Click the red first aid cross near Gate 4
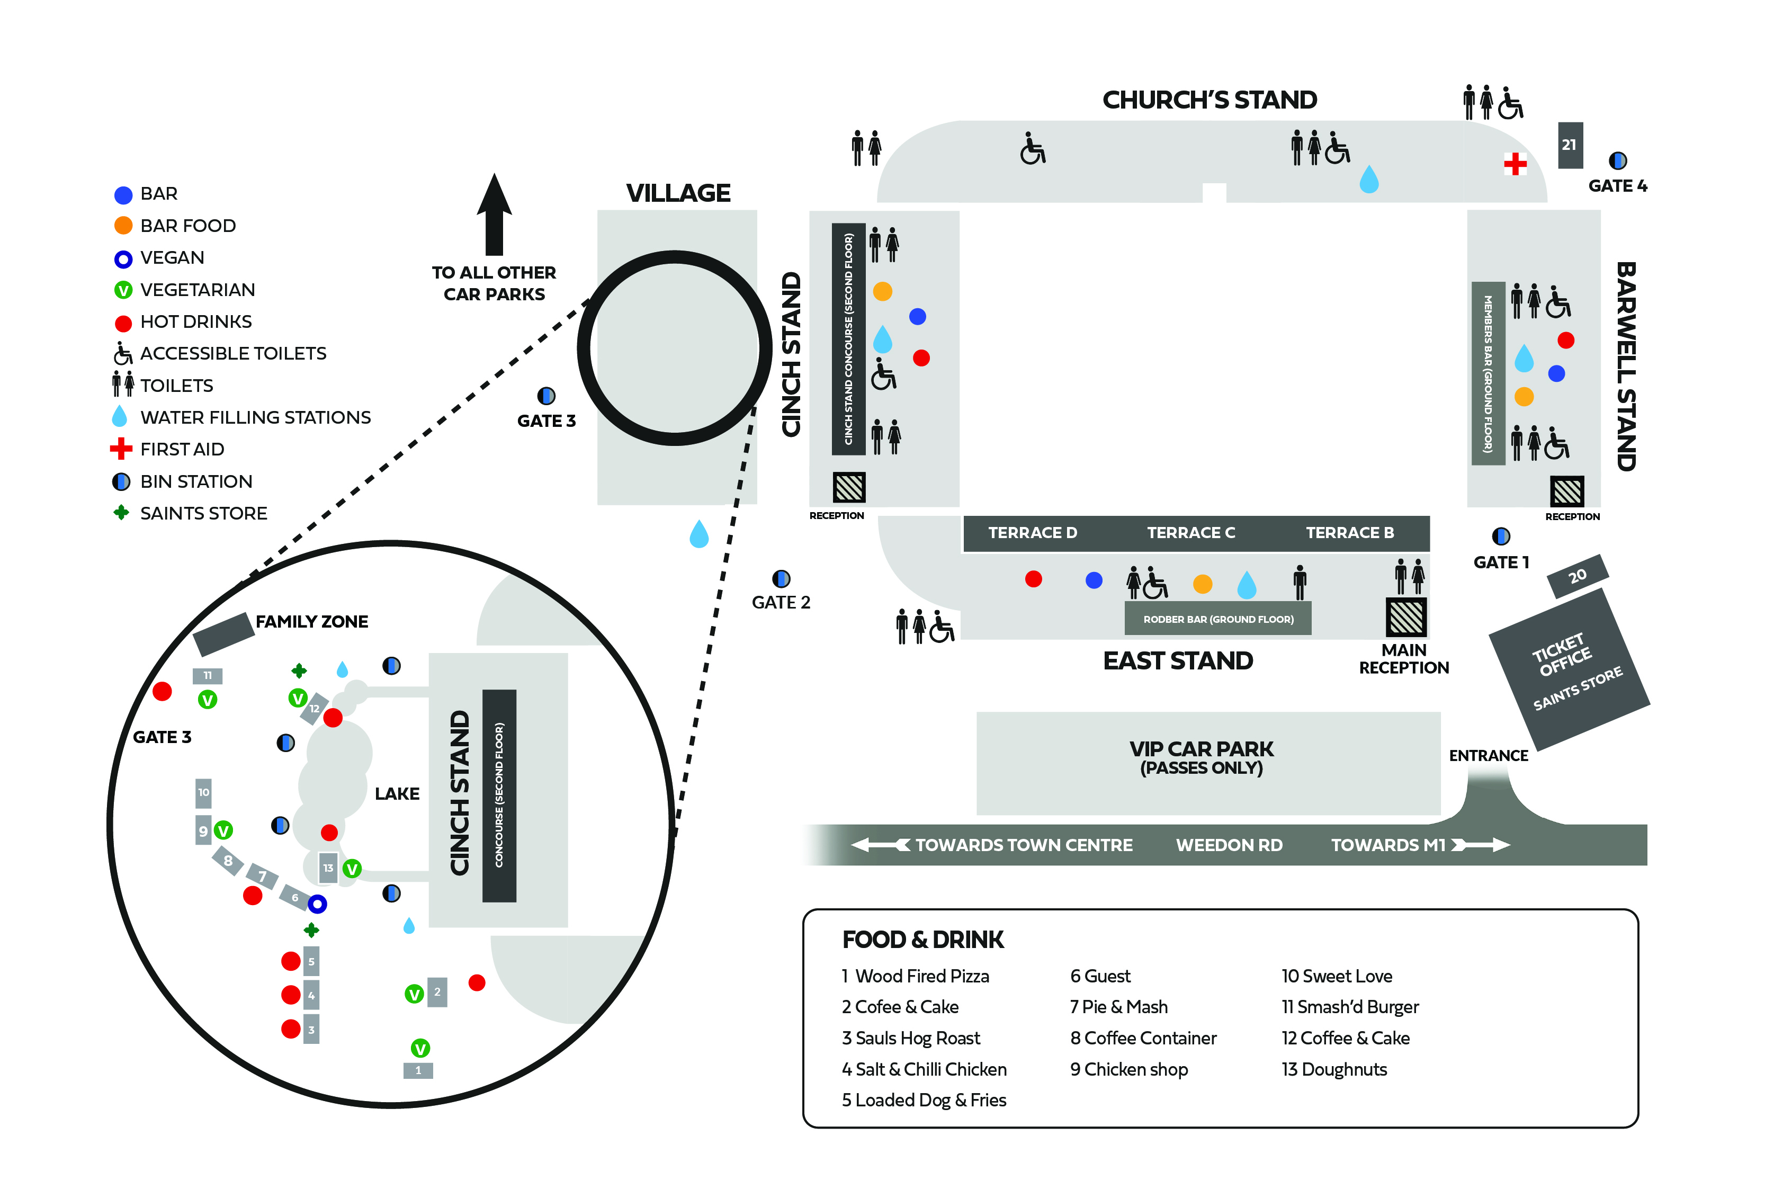click(x=1515, y=164)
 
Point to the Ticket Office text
click(x=1561, y=655)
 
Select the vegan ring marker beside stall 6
click(x=318, y=904)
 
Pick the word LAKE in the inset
click(x=397, y=793)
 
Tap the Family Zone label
click(x=311, y=622)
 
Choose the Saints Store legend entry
click(x=203, y=513)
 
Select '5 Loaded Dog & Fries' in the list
click(x=924, y=1099)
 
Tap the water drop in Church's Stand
click(x=1369, y=180)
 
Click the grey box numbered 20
click(x=1577, y=576)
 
